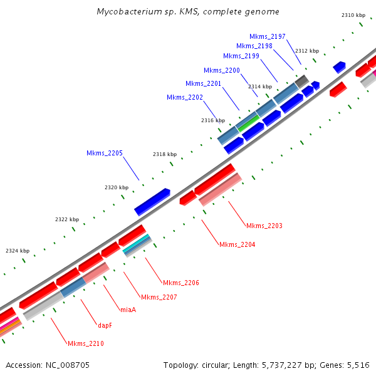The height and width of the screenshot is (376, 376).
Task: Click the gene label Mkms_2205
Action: [x=104, y=153]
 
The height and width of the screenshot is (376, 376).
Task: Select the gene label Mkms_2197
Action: [x=267, y=36]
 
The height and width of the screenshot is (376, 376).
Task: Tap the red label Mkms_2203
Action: [x=264, y=226]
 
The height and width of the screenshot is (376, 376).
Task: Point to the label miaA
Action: [x=128, y=309]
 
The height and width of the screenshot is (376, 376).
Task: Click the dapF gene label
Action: [x=105, y=325]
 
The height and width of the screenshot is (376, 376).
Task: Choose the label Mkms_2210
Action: [x=85, y=343]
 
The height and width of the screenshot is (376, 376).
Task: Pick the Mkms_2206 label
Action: [x=180, y=283]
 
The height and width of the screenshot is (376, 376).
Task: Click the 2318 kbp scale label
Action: [x=165, y=154]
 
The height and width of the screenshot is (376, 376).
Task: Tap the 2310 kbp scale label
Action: [x=353, y=15]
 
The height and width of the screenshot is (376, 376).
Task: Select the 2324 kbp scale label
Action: [x=18, y=251]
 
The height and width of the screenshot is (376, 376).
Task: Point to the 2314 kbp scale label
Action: [x=260, y=86]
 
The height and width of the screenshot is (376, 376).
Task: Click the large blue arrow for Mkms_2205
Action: [x=152, y=202]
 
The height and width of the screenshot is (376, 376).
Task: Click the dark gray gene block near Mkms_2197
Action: [x=301, y=81]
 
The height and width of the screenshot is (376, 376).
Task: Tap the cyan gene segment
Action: [x=137, y=245]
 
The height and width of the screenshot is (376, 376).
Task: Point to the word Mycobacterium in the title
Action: [x=129, y=12]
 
